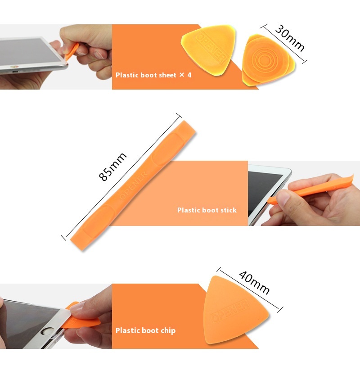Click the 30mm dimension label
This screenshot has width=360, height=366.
290,38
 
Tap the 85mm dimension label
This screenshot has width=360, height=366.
112,167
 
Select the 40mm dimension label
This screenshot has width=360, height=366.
254,282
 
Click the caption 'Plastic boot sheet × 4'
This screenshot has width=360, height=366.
153,75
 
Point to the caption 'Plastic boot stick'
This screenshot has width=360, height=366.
207,210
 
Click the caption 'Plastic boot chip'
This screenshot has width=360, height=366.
146,330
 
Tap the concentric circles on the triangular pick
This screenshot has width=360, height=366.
264,60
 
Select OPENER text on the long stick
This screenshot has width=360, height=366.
134,185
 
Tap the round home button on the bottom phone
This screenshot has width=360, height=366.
46,332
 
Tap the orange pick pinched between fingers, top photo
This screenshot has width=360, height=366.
72,52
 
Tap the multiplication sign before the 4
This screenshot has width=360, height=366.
182,75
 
